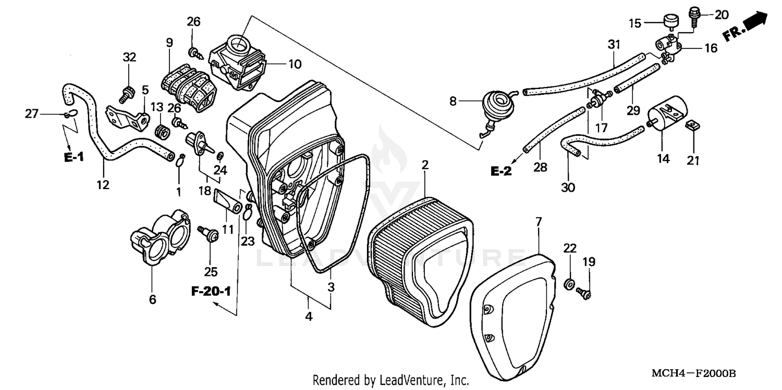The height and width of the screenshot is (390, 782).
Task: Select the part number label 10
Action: [x=295, y=65]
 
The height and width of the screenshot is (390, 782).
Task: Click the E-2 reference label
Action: [x=501, y=171]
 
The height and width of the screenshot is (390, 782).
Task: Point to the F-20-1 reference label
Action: [x=211, y=292]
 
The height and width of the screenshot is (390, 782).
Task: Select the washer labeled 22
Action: [x=570, y=284]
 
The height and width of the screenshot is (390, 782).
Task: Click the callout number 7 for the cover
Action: [x=539, y=222]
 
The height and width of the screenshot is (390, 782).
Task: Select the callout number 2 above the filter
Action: [x=425, y=166]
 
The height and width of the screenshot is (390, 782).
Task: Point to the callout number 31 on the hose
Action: [x=614, y=45]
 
